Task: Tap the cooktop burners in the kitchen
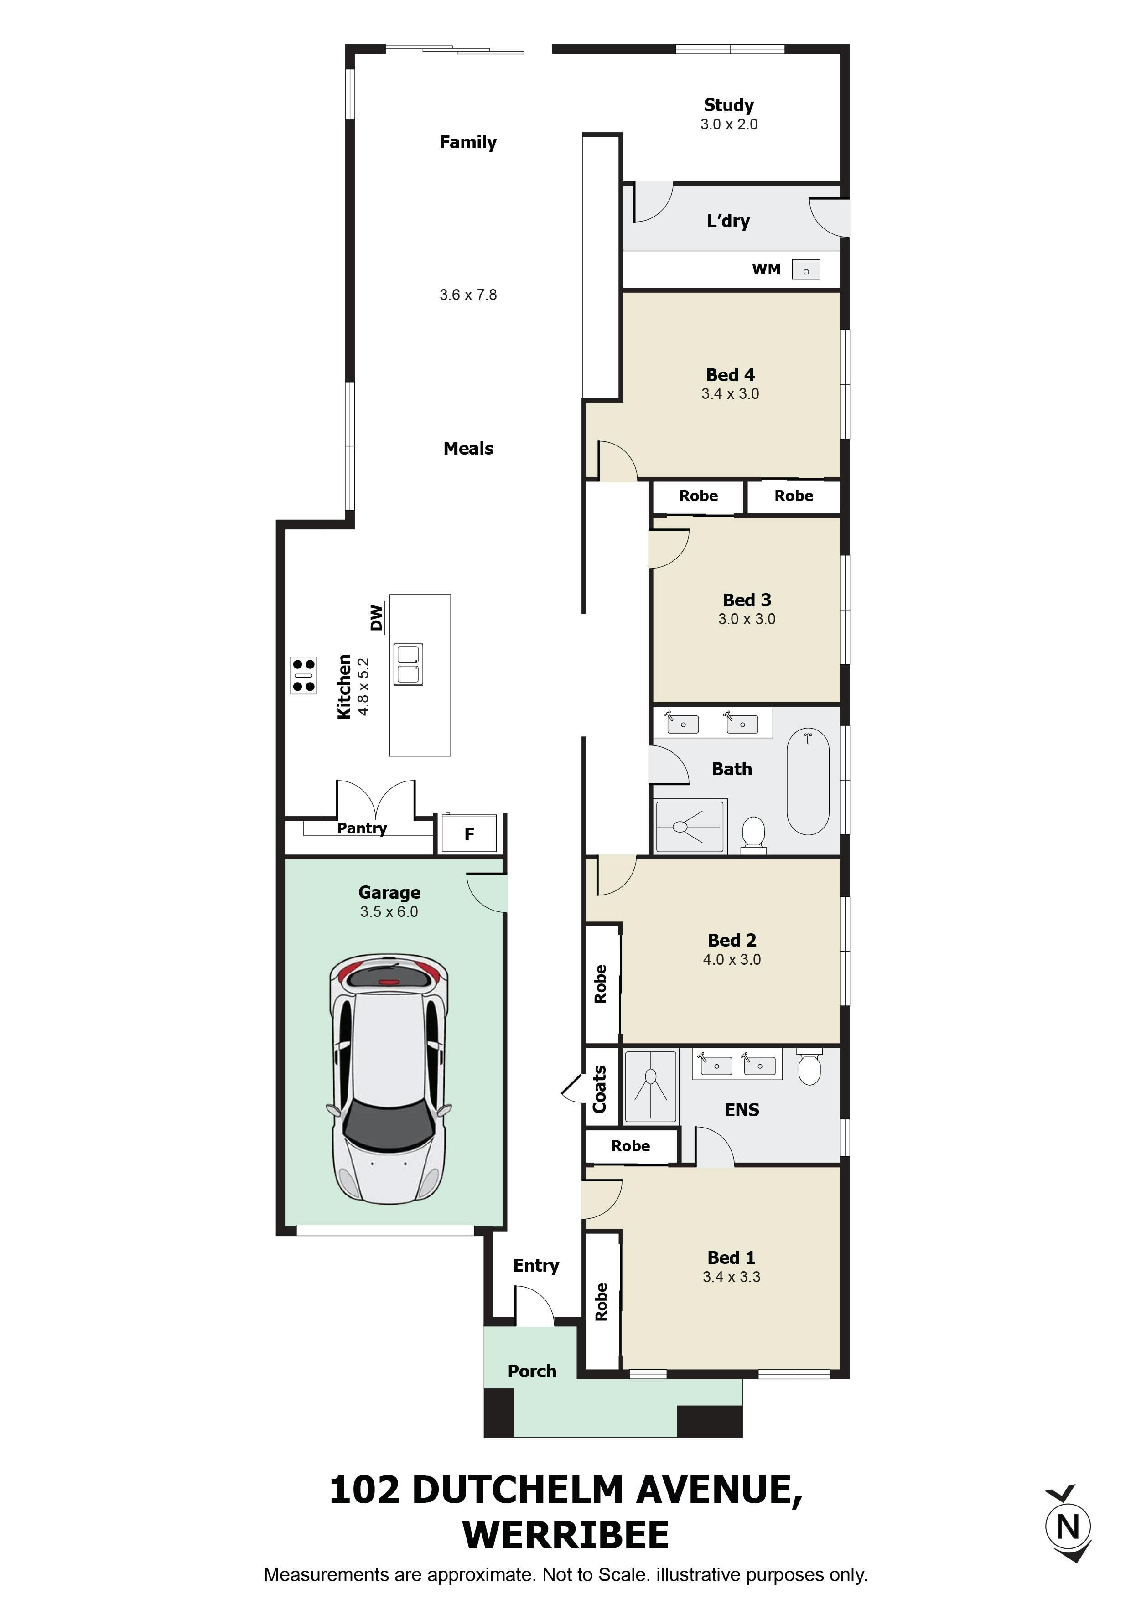click(x=304, y=675)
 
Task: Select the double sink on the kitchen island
click(x=408, y=664)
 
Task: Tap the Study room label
click(x=728, y=105)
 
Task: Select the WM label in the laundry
click(x=766, y=269)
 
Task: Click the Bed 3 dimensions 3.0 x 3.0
click(x=747, y=618)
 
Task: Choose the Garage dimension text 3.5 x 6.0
click(x=389, y=911)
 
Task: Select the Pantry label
click(x=362, y=828)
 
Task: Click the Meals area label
click(x=468, y=449)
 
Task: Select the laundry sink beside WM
click(x=806, y=269)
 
